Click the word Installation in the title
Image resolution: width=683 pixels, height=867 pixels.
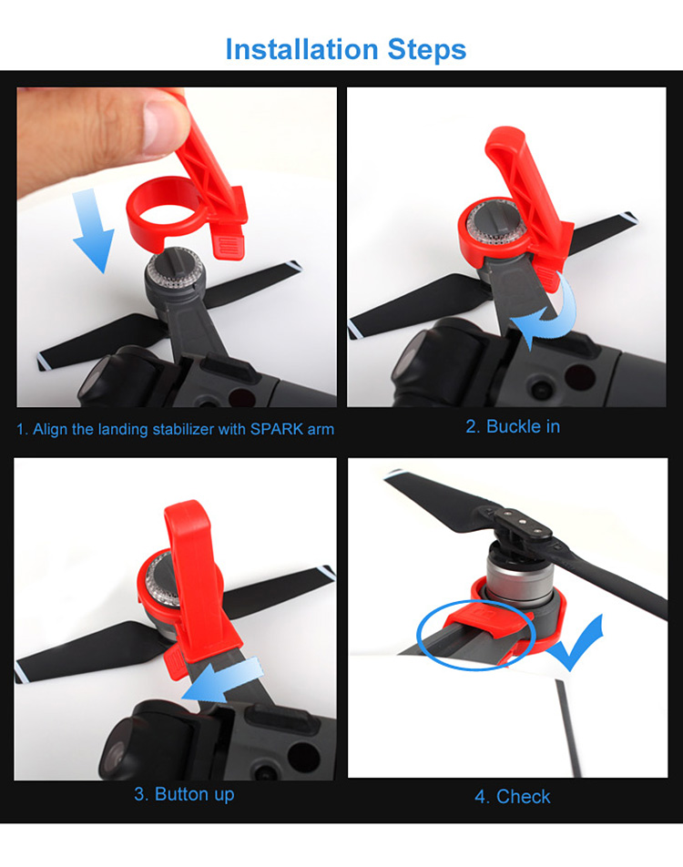(290, 49)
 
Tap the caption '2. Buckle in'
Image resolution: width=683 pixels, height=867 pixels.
(513, 426)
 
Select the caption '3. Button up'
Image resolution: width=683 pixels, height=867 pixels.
(184, 794)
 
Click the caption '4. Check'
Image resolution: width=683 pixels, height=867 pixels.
(512, 797)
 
